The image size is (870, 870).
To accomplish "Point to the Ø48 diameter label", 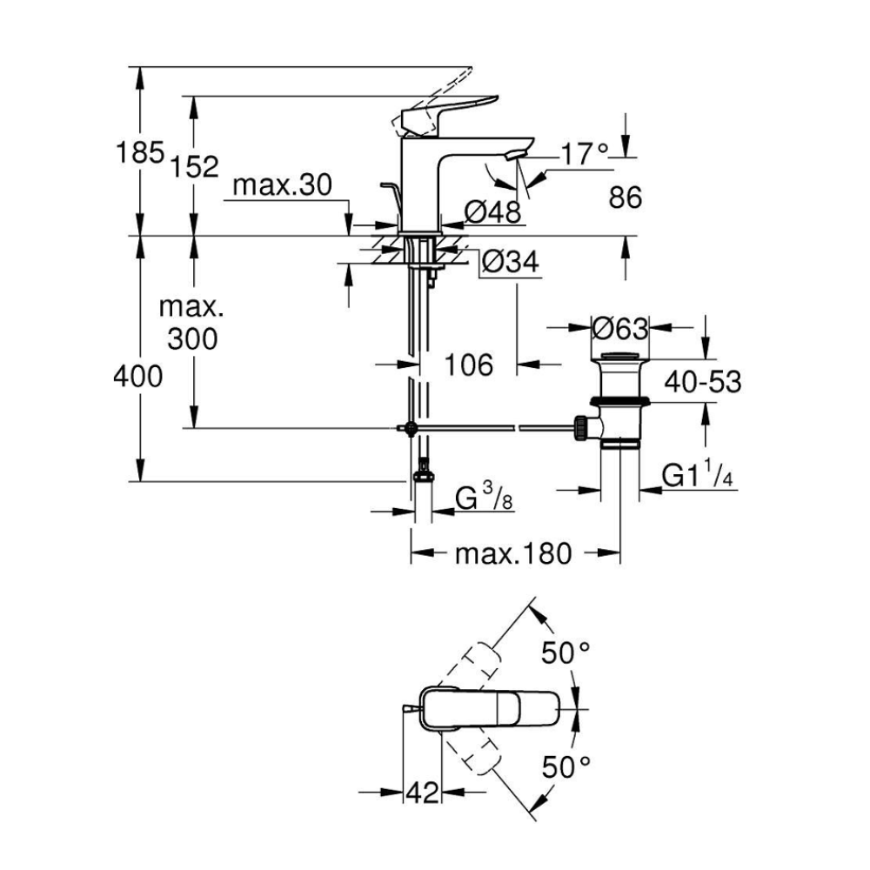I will [492, 211].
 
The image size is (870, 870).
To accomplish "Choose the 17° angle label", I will [583, 157].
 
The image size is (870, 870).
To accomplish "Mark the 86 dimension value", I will [625, 198].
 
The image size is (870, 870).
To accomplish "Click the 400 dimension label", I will [138, 377].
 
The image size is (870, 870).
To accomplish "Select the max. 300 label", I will [192, 324].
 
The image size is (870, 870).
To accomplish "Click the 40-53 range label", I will [704, 381].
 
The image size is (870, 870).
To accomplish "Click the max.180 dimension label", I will [513, 553].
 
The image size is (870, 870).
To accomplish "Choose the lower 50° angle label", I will [566, 766].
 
